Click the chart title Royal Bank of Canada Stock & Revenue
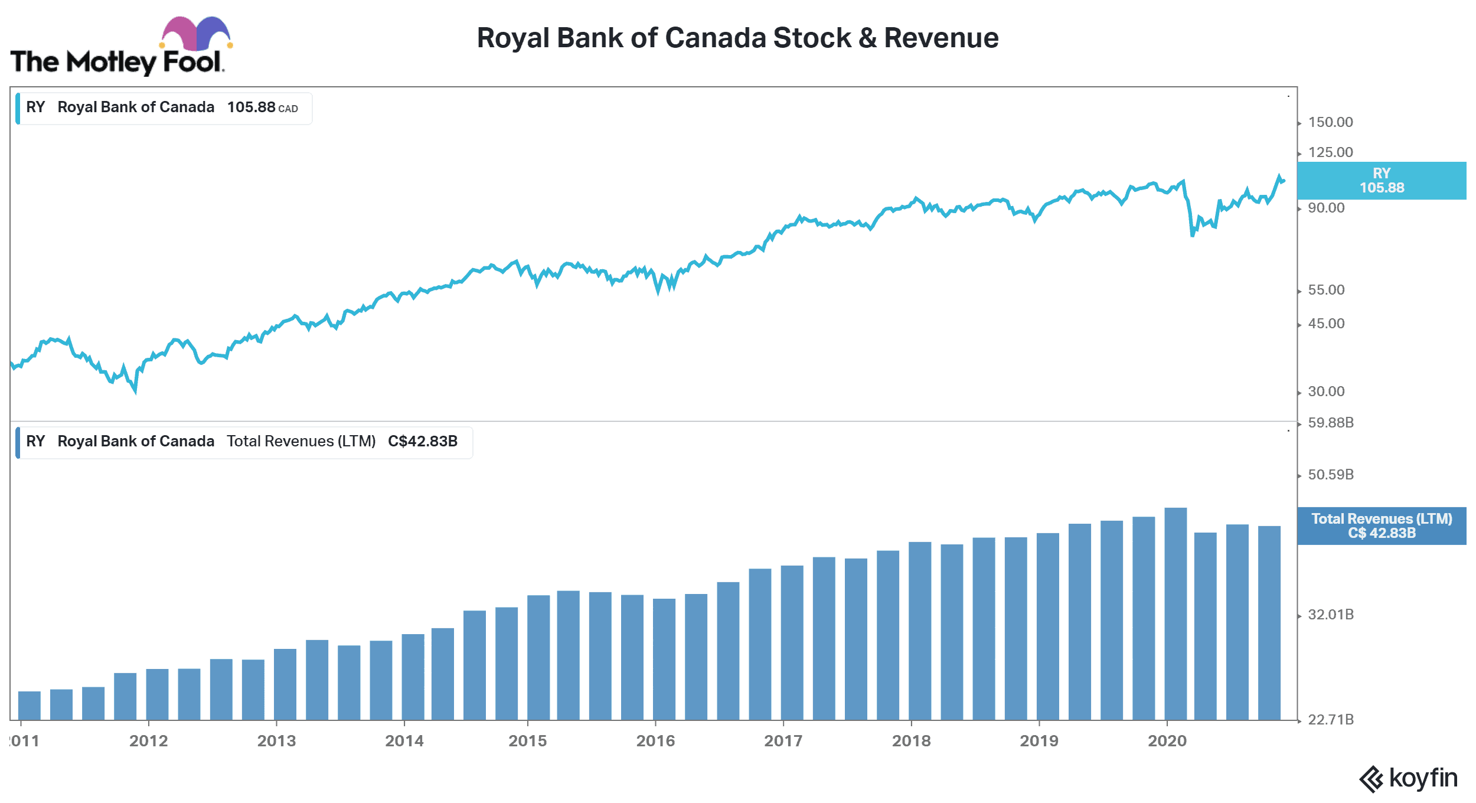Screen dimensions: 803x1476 (737, 38)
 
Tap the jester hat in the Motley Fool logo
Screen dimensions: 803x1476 (195, 34)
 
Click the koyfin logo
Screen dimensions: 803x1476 (1408, 778)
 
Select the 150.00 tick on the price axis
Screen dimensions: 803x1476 (1330, 122)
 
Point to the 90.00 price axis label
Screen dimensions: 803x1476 (1326, 208)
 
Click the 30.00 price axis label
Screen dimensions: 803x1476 (1326, 391)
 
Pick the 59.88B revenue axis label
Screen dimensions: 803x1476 (1331, 423)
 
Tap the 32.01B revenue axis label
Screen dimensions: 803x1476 (1331, 615)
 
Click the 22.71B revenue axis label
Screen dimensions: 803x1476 (1331, 720)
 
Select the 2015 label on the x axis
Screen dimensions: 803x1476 (528, 741)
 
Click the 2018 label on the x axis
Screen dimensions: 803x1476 (911, 741)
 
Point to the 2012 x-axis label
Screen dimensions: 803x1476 (149, 741)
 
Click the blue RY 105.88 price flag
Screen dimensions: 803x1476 (1382, 181)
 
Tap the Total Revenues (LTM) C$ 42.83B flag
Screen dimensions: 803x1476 (1382, 526)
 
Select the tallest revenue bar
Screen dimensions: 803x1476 (1175, 614)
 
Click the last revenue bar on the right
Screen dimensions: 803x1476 (1269, 623)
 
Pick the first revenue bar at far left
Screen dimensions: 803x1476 (30, 706)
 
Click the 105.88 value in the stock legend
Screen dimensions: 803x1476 (252, 107)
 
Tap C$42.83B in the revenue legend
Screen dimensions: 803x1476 (423, 442)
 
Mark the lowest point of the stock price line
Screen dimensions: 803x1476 (135, 391)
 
